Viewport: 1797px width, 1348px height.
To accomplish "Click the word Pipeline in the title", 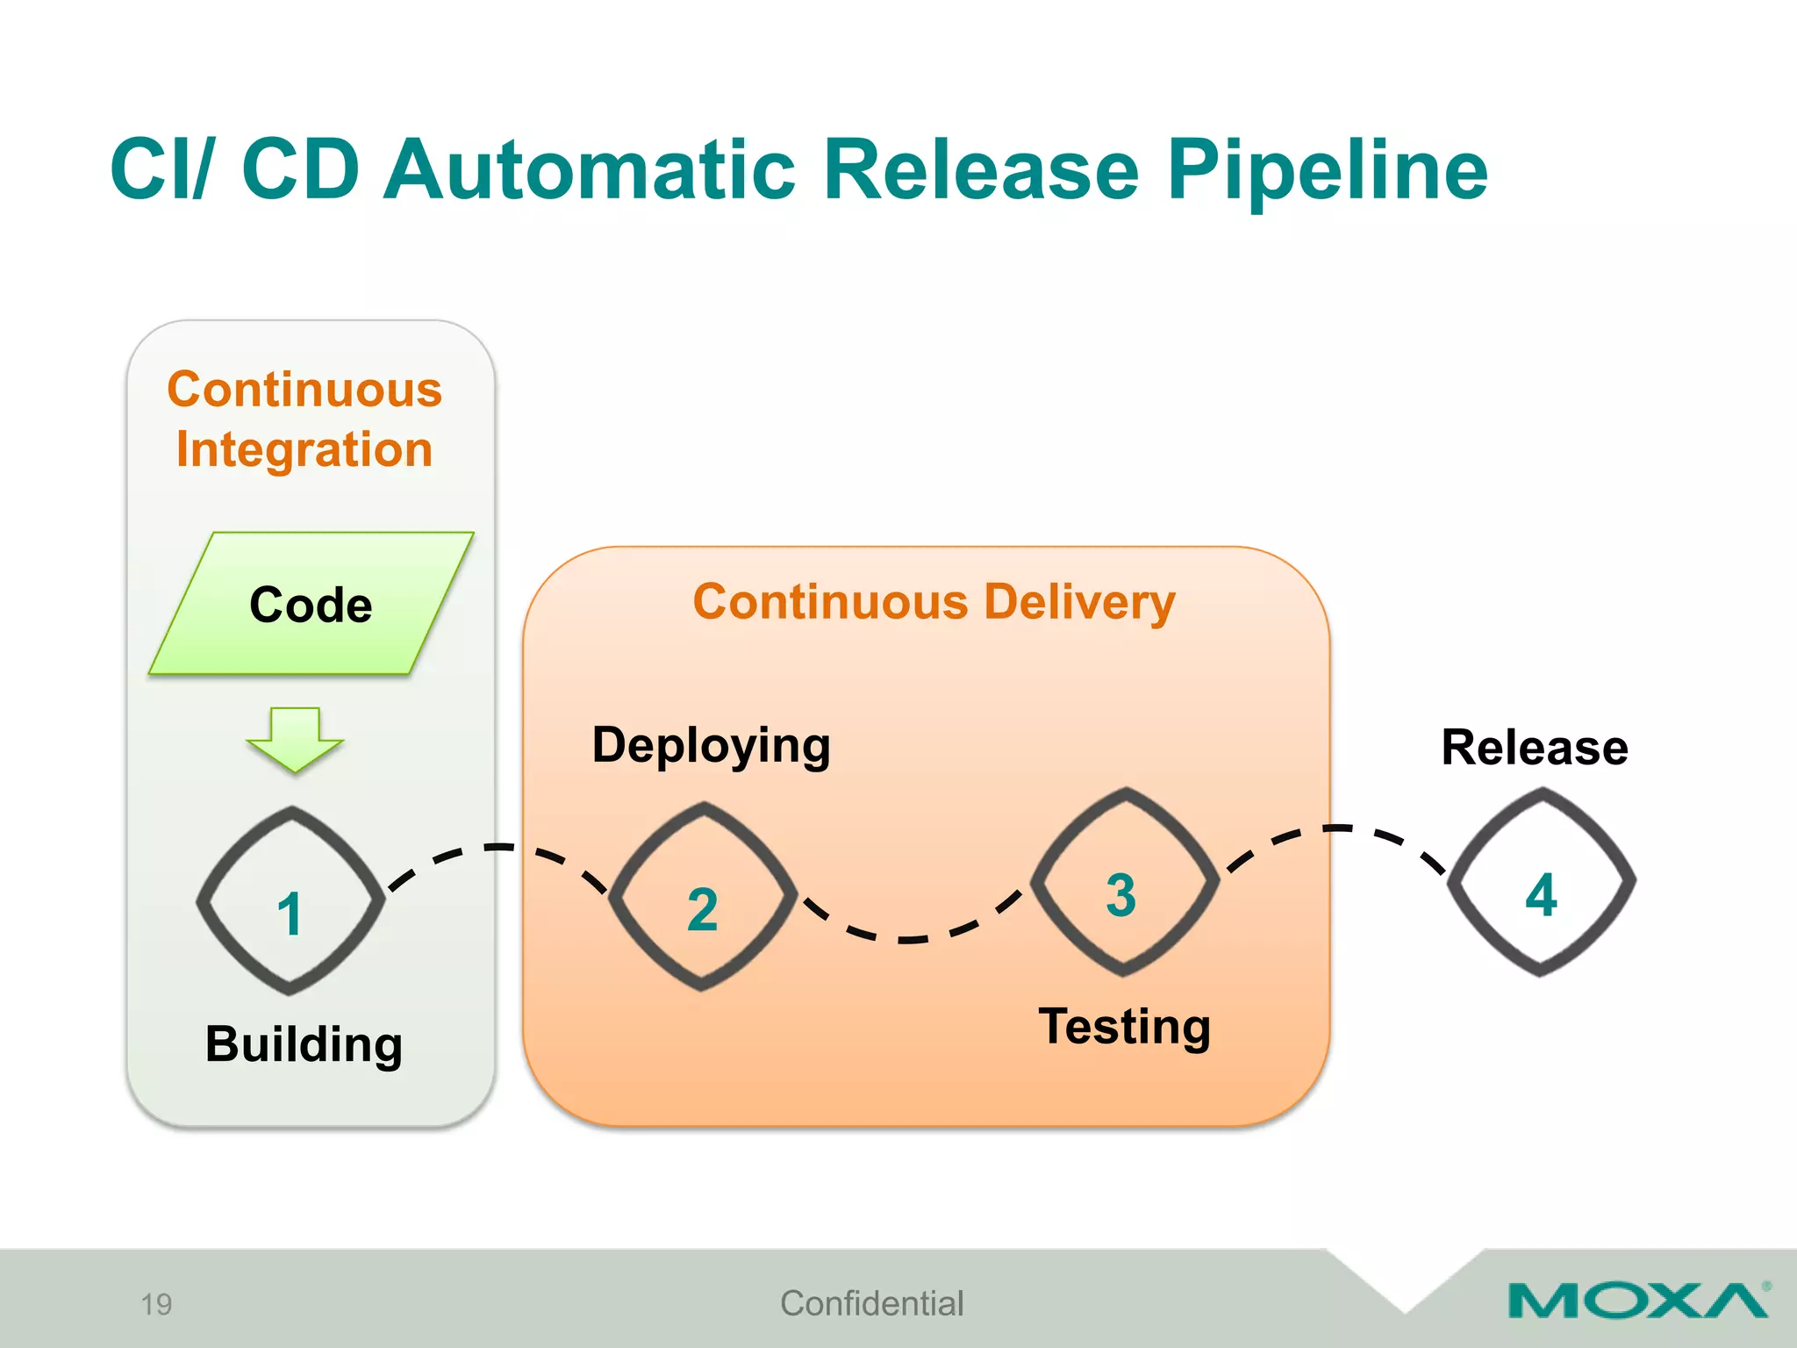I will [1327, 171].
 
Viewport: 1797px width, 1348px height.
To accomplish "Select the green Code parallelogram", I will [311, 604].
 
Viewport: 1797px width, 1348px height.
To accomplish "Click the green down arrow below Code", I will [295, 738].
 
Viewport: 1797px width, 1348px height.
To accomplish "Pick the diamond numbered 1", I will [290, 900].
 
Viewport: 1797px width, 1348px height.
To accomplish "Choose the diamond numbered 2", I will [702, 896].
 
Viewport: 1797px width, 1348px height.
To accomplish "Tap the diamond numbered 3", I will [1124, 882].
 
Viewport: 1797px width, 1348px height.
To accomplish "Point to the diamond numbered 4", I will [1541, 882].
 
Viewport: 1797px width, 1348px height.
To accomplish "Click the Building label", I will [304, 1044].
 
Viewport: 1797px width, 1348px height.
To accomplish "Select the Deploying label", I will [711, 746].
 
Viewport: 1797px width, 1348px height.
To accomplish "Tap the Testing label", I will [1124, 1026].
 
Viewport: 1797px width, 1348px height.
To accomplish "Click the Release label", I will [1535, 748].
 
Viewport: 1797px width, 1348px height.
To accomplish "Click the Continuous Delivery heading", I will [934, 603].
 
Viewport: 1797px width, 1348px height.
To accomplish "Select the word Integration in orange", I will [304, 449].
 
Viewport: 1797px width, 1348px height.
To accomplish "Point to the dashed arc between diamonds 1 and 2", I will [498, 848].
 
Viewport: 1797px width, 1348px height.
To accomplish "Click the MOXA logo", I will [1637, 1301].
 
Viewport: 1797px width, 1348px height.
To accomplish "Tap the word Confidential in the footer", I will [871, 1303].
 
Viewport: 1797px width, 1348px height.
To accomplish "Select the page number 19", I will [156, 1304].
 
